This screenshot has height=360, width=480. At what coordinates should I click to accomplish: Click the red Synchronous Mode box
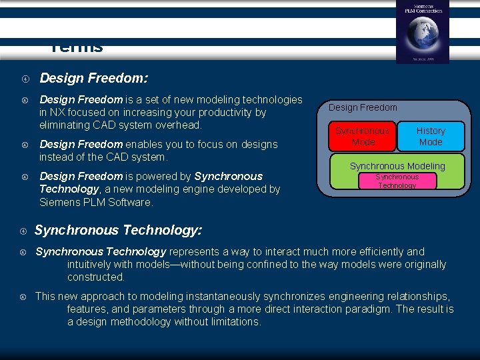pos(362,137)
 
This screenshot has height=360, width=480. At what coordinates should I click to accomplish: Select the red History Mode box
pos(430,137)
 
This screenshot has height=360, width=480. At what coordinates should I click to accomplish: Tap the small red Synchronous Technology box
pos(397,181)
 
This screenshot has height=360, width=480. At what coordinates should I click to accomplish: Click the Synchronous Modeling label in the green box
pos(397,166)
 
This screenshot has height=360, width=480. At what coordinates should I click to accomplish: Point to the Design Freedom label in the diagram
pos(363,107)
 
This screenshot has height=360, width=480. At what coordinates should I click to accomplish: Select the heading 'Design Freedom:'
pos(93,78)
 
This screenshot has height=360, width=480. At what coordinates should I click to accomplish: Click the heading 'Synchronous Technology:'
pos(118,230)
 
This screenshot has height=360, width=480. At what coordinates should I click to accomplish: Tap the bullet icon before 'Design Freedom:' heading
pos(23,79)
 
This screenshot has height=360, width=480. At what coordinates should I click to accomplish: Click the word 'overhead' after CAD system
pos(177,125)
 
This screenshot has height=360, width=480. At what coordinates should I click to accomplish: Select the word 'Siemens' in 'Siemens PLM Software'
pos(59,202)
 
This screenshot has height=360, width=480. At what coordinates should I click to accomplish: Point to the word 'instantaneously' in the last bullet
pos(225,296)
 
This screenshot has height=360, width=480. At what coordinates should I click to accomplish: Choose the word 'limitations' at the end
pos(233,321)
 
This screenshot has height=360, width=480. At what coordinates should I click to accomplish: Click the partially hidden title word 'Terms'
pos(77,48)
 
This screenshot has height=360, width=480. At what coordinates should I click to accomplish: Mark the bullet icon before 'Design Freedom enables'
pos(23,145)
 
